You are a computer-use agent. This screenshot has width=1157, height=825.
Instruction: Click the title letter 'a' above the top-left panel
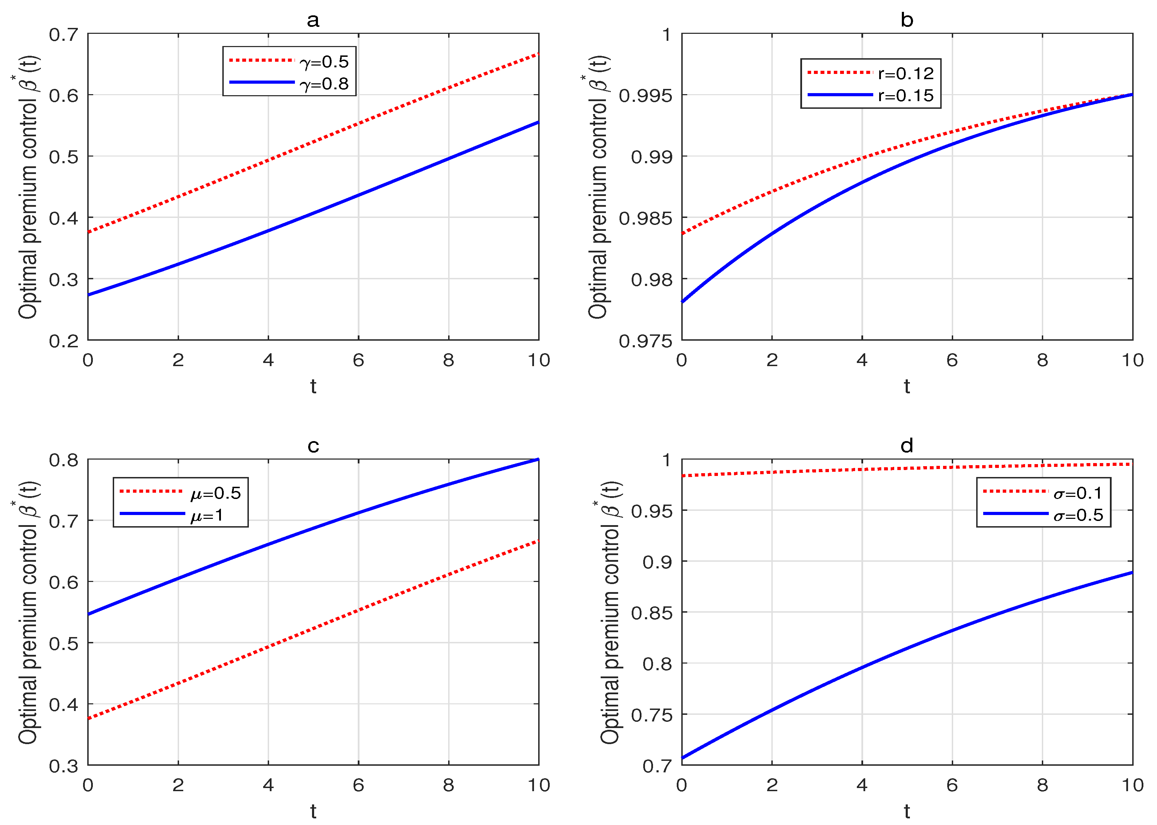pos(313,20)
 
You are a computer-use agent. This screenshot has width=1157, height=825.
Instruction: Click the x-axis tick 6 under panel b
pos(952,360)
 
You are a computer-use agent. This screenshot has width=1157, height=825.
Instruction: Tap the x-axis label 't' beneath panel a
pos(313,387)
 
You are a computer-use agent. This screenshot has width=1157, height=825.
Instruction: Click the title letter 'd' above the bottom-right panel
pos(907,446)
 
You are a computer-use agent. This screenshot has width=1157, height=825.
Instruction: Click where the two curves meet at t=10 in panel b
pos(1133,94)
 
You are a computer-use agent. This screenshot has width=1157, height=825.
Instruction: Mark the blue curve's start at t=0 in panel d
pos(682,758)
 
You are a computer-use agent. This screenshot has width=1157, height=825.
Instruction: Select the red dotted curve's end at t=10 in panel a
pos(538,53)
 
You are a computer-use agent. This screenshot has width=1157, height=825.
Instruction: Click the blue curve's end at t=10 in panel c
pos(538,459)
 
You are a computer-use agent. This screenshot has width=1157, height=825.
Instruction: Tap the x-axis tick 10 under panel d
pos(1133,785)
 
